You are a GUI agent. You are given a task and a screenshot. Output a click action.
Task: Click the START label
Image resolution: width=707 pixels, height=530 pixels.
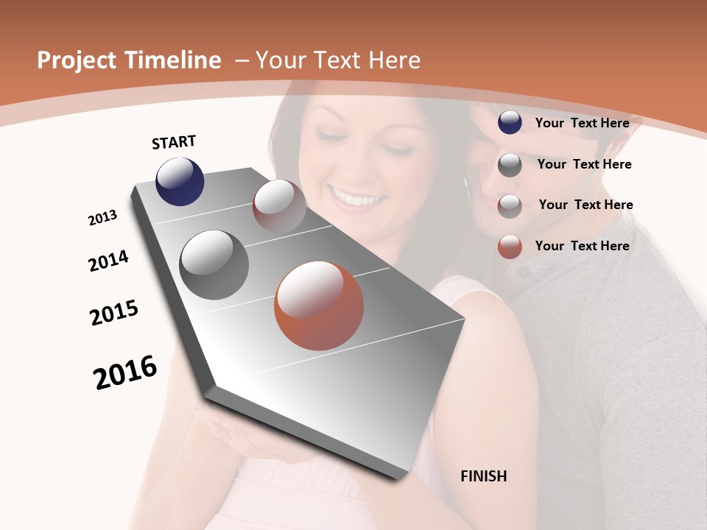point(174,141)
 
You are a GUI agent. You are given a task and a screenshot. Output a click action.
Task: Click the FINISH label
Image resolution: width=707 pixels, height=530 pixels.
point(483,476)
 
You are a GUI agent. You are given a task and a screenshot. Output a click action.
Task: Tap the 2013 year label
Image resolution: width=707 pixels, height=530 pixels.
point(102,218)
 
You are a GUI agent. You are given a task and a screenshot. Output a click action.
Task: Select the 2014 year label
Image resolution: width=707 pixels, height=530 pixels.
point(108,261)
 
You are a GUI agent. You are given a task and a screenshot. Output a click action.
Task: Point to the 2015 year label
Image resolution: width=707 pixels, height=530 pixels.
point(114,313)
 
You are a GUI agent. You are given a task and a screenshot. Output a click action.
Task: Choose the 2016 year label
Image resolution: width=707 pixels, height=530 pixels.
point(125,372)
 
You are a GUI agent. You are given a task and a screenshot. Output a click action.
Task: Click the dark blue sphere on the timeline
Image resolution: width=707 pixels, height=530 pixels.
point(180,181)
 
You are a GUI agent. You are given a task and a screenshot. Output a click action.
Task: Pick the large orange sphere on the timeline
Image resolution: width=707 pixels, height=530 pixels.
point(319,305)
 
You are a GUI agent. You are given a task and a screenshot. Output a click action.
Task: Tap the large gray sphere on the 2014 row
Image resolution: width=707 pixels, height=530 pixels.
point(214,265)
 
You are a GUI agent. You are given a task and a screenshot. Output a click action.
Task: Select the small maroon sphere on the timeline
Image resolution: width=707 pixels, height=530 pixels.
point(279,206)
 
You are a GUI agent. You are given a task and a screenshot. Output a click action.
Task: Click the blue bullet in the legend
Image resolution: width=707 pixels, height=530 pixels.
point(510,122)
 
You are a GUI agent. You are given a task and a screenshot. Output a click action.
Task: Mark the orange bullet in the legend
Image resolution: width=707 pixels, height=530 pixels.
point(510,247)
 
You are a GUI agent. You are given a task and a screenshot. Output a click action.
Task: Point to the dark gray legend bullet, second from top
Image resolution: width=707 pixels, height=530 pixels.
point(510,165)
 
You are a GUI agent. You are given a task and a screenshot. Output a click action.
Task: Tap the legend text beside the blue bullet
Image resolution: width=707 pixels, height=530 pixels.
point(582,123)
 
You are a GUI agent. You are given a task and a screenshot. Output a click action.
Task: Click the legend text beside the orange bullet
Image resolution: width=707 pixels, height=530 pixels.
point(582,246)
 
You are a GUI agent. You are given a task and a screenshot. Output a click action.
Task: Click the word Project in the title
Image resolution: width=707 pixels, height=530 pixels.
point(76,60)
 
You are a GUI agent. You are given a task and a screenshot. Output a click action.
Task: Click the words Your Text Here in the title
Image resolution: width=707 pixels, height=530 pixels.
point(337,60)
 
